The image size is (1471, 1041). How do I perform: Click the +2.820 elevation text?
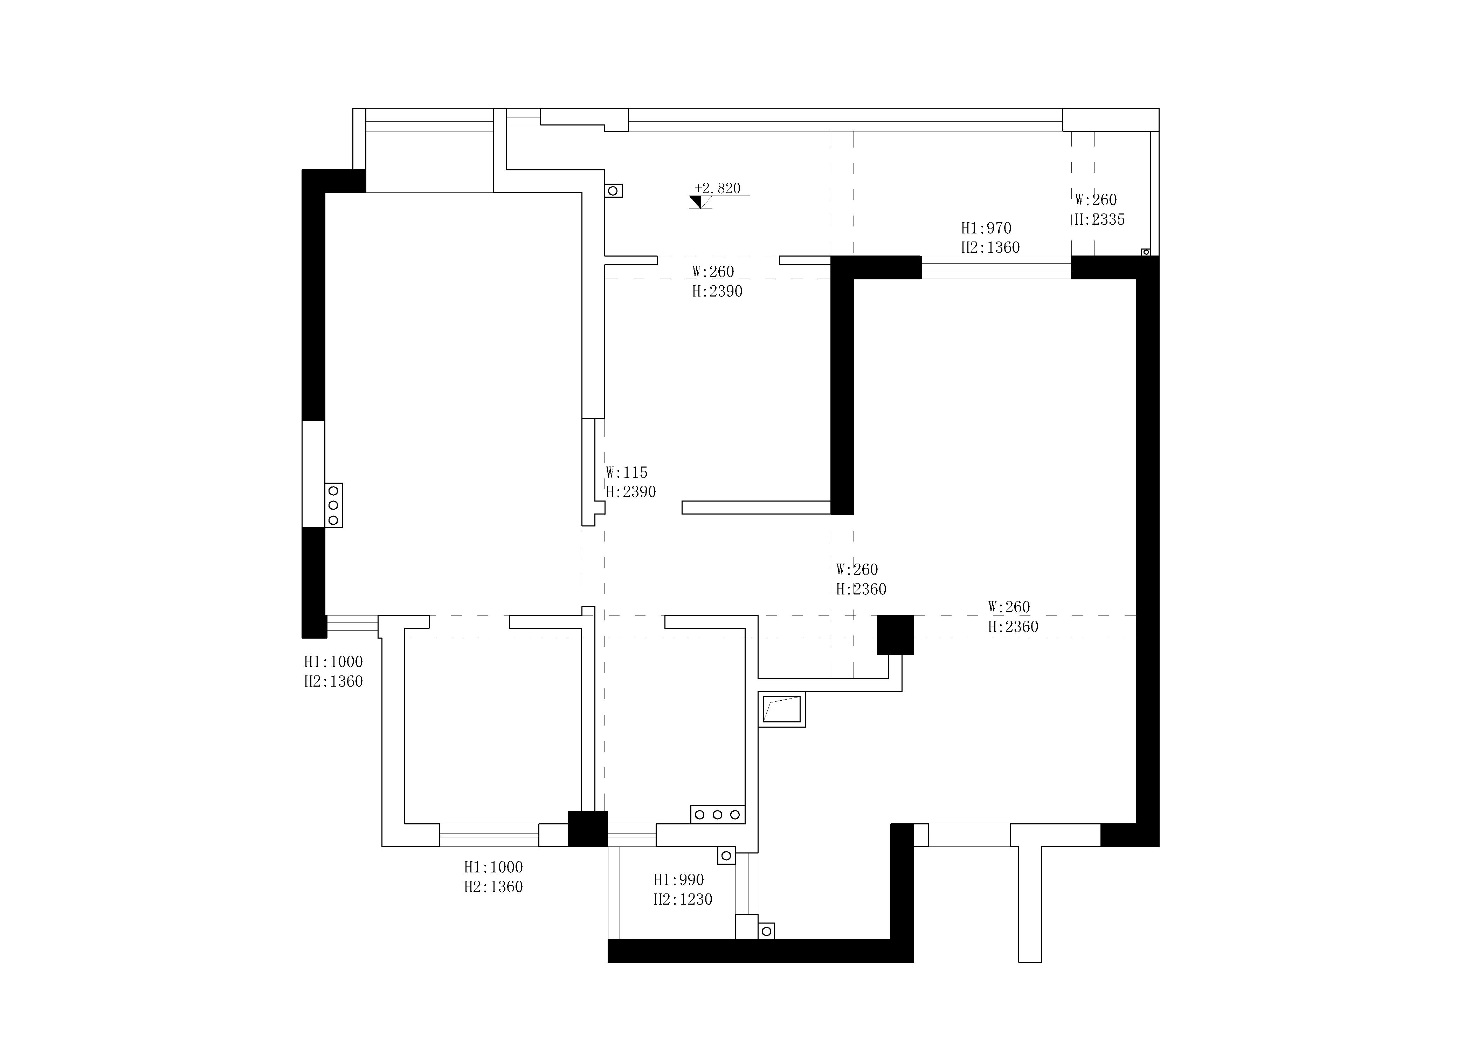tap(718, 189)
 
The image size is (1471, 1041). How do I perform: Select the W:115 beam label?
tap(627, 472)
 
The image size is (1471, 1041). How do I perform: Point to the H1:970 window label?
tap(986, 228)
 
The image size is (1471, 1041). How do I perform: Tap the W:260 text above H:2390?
tap(713, 272)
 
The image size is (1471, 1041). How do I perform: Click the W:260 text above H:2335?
tap(1096, 199)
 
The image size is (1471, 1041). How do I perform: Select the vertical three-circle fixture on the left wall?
tap(333, 505)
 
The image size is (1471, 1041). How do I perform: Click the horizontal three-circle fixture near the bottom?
tap(718, 814)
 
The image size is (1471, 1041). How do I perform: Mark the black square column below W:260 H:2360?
tap(895, 635)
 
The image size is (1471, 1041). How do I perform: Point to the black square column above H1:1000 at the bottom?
tap(587, 829)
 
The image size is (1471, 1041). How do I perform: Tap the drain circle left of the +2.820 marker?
tap(613, 191)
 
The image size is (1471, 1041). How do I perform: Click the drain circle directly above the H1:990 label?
tap(726, 855)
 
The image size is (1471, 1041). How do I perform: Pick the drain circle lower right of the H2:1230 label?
tap(766, 931)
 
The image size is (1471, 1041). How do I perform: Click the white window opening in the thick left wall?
tap(313, 474)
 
